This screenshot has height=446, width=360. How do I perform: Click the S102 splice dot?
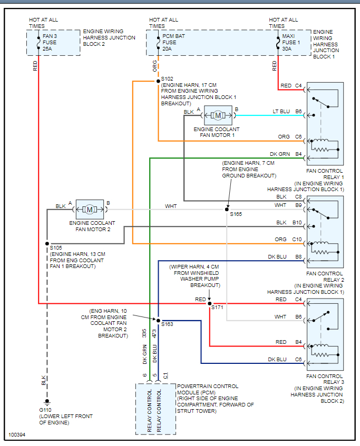click(158, 81)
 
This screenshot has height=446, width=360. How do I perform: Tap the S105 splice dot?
click(46, 243)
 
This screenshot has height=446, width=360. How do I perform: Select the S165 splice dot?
click(227, 210)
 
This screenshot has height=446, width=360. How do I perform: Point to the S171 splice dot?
click(209, 304)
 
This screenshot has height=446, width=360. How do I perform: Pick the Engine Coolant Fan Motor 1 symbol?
click(218, 115)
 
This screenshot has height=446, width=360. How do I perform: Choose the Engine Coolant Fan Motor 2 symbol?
click(90, 210)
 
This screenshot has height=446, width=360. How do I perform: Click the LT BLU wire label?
click(281, 112)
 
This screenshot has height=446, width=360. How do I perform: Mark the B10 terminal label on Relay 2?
click(298, 223)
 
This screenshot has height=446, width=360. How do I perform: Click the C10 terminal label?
click(298, 240)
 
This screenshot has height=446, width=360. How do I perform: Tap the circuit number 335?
click(144, 333)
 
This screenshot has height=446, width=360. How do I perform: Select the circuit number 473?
click(155, 333)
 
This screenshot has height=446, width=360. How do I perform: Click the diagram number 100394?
click(17, 435)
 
